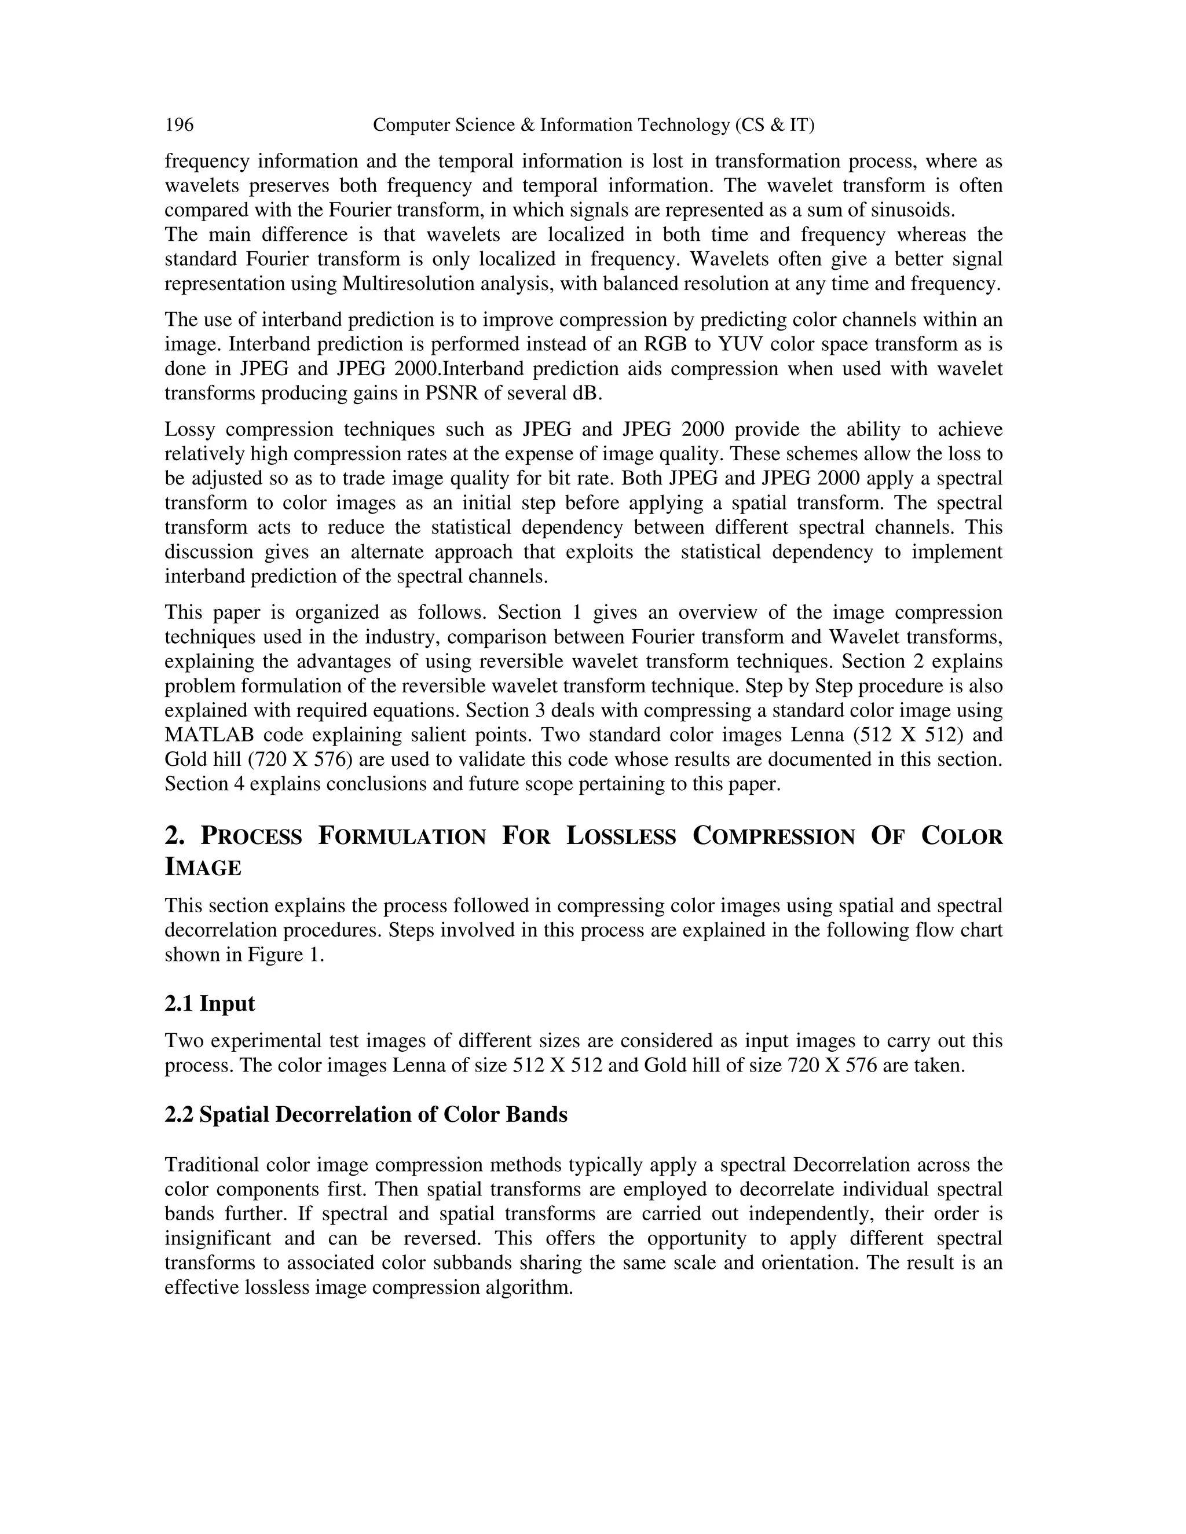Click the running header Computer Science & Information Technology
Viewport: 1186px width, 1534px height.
[594, 125]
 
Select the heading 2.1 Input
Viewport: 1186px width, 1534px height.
[210, 1004]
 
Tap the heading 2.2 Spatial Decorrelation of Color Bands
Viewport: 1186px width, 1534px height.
[365, 1115]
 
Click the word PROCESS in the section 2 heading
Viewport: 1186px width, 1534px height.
[251, 836]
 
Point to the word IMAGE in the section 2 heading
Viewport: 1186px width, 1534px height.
[203, 868]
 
